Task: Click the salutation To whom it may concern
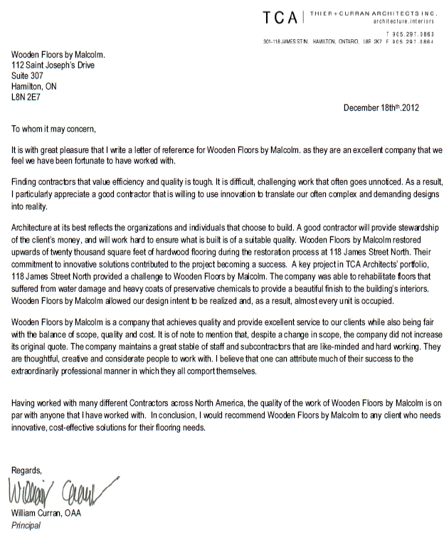click(53, 129)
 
